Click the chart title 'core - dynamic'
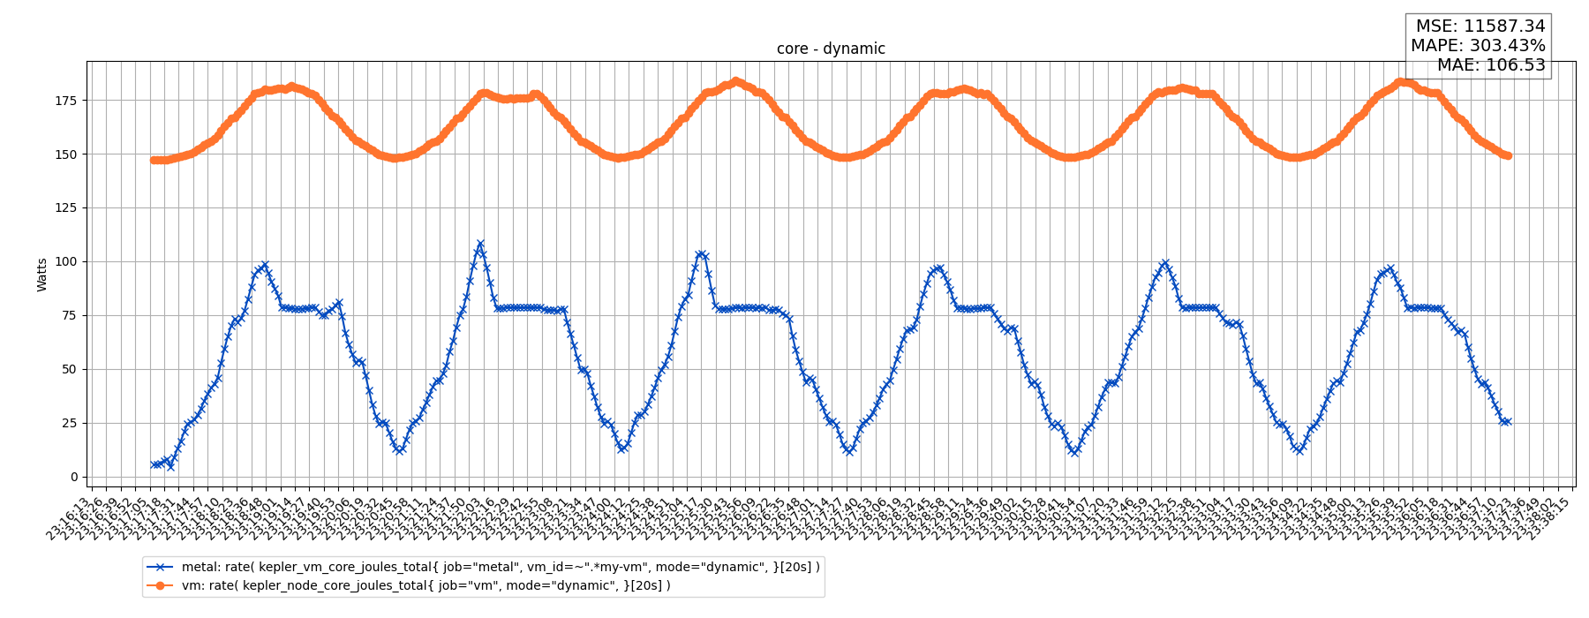pos(831,49)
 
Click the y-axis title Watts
pos(42,275)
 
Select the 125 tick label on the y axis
pos(66,208)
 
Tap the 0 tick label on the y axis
pos(74,478)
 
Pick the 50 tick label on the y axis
pos(70,370)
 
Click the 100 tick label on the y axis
pos(66,262)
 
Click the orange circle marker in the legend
pos(160,585)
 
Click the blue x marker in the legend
pos(160,568)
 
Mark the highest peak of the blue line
pos(480,244)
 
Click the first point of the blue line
pos(154,464)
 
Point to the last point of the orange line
pos(1508,155)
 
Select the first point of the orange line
pos(154,160)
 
